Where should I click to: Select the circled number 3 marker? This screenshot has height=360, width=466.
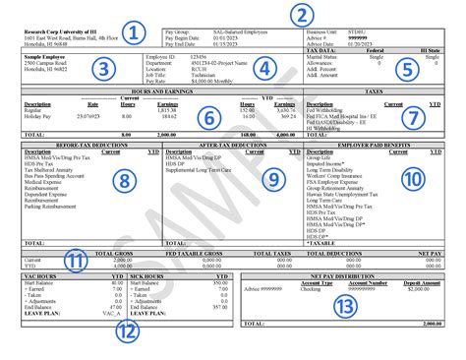click(101, 71)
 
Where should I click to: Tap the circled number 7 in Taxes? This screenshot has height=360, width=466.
click(419, 116)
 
